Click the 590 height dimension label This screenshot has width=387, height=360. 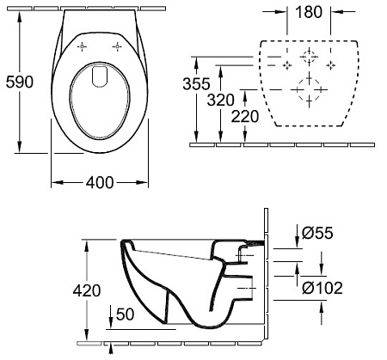(19, 82)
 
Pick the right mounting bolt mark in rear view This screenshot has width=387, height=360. (330, 64)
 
